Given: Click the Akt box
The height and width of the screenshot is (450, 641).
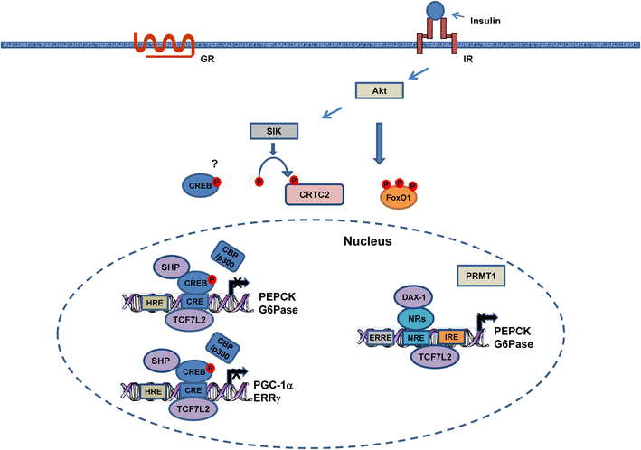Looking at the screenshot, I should pyautogui.click(x=381, y=91).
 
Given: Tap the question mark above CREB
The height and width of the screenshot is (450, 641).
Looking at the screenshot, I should pyautogui.click(x=215, y=162).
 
